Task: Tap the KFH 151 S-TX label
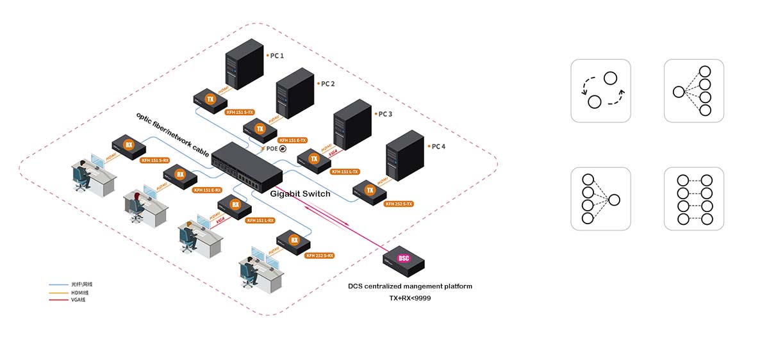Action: click(240, 111)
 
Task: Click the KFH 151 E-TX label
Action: click(293, 140)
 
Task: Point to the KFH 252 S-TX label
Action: click(399, 204)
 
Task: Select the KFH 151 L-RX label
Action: click(260, 220)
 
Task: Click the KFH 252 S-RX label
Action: click(320, 255)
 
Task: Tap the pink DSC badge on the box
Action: click(404, 259)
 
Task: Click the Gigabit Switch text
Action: click(300, 193)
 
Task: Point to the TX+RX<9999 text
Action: click(409, 298)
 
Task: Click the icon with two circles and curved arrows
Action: click(600, 90)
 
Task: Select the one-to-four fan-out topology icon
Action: click(693, 90)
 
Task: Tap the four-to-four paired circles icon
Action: click(693, 199)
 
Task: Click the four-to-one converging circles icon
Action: click(600, 199)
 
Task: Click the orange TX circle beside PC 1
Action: click(210, 99)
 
